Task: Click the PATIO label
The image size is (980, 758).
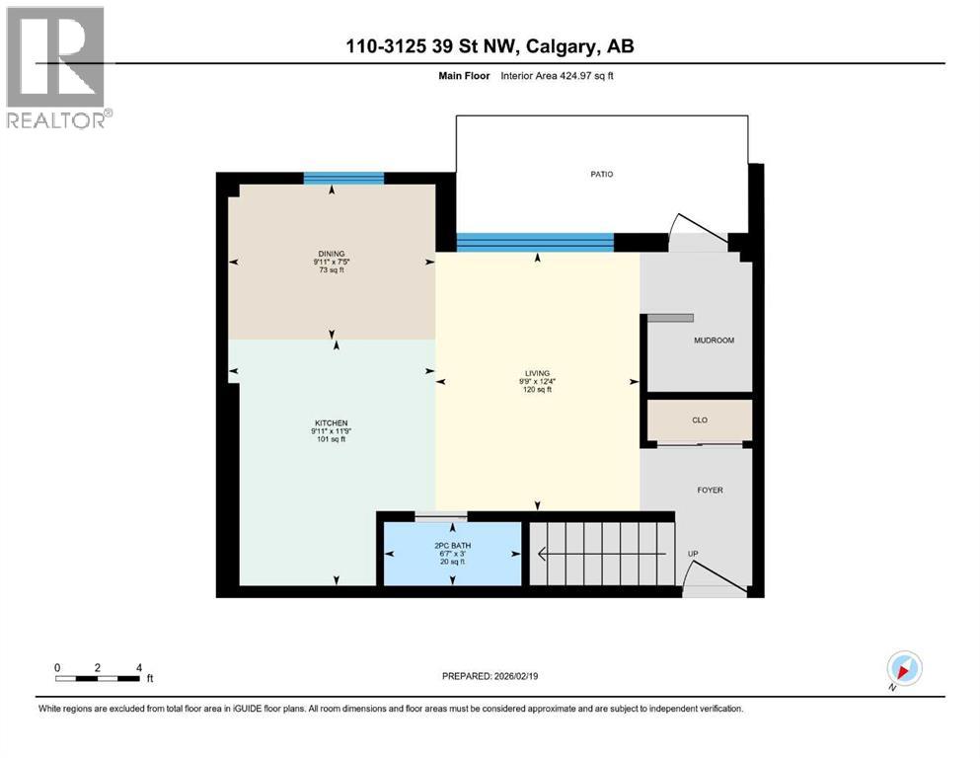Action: [602, 174]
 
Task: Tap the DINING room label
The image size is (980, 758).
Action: [331, 253]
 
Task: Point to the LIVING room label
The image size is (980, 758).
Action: [537, 373]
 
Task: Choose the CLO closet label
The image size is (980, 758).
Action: [699, 419]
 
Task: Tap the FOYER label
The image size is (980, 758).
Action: [711, 490]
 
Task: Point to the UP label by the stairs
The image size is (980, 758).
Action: [693, 554]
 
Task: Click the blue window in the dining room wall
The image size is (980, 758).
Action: [343, 178]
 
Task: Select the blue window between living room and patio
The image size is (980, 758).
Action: [536, 242]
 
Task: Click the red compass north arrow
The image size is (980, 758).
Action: [903, 668]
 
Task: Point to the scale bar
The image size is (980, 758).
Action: [98, 677]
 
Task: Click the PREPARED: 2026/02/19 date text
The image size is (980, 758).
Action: [490, 676]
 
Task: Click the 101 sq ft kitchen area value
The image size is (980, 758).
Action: [331, 440]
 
